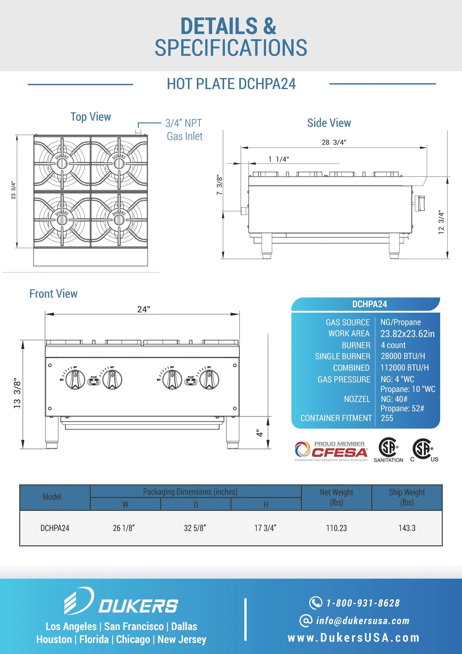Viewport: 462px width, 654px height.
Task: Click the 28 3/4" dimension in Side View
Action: pos(334,142)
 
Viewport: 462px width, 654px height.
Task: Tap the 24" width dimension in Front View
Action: pos(144,309)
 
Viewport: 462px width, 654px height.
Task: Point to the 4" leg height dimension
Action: pos(260,433)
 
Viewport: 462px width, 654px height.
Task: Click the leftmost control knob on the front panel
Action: pos(75,379)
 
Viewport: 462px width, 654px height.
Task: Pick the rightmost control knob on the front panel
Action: pos(209,379)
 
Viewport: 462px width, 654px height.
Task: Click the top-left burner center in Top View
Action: pos(62,163)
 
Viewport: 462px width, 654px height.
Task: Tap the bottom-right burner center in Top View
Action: pos(119,219)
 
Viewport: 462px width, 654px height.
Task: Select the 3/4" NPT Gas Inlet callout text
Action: pos(184,130)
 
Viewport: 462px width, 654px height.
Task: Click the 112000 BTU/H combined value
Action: pos(404,368)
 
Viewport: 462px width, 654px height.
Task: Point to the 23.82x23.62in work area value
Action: pos(407,334)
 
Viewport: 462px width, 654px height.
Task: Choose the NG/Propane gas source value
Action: pos(401,322)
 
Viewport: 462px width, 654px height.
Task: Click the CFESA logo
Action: pos(331,451)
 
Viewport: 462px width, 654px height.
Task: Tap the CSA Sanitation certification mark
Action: pos(388,450)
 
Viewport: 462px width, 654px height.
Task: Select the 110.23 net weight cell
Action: pos(336,528)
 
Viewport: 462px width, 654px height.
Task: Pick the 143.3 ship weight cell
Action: pos(407,528)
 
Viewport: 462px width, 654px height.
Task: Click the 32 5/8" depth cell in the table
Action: pos(195,528)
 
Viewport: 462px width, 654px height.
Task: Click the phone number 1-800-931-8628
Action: pos(363,603)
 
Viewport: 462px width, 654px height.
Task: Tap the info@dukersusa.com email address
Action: pos(363,621)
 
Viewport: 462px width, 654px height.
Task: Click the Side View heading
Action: pos(329,123)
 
